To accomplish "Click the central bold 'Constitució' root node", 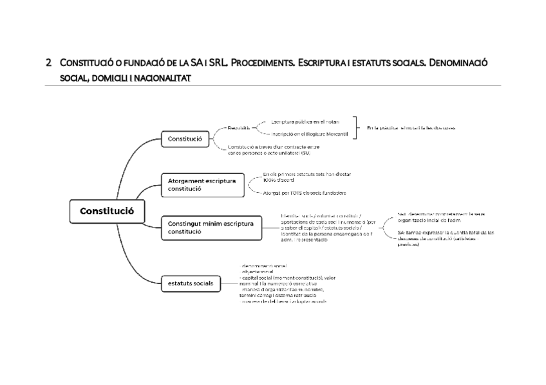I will (107, 211).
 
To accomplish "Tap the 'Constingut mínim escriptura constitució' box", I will (211, 228).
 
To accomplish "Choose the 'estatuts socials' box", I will (191, 282).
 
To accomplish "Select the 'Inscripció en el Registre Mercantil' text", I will (309, 134).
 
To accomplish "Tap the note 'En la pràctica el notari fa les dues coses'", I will (411, 127).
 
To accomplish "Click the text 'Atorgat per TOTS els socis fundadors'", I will (305, 193).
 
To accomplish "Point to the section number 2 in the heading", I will (48, 64).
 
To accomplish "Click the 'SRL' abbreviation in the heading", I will (212, 63).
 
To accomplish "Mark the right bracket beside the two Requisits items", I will (356, 127).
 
